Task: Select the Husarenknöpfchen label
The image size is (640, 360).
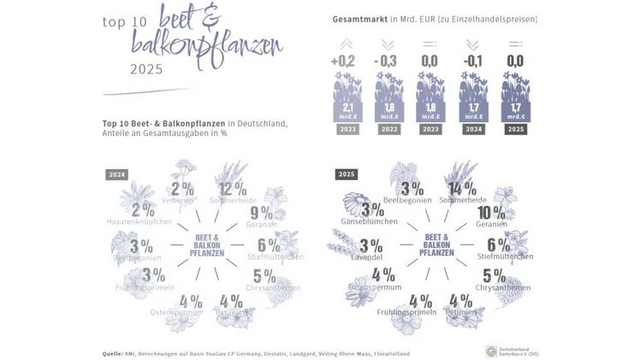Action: (x=142, y=221)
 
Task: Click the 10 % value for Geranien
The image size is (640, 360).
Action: (x=490, y=212)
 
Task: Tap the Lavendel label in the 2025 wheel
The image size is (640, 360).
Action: (x=365, y=257)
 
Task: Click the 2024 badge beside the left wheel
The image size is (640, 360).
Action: (x=116, y=174)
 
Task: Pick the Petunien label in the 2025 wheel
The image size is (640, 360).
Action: (x=460, y=313)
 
